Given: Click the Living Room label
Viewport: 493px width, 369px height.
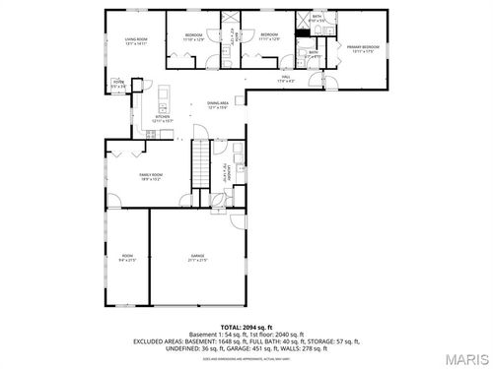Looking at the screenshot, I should (135, 39).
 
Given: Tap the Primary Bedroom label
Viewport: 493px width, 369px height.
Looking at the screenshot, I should (364, 46).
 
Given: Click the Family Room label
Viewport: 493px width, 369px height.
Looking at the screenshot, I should (150, 174).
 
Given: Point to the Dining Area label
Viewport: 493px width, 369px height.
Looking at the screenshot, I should (218, 102).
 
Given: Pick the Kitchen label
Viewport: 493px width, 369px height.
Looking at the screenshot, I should (163, 116).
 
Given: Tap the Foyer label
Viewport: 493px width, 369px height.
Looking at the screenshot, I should (117, 83).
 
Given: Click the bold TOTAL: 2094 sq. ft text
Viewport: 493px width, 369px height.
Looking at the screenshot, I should (246, 326).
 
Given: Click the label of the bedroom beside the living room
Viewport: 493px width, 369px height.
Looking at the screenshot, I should (193, 34).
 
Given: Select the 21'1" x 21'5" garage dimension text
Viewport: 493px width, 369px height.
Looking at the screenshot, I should (198, 261).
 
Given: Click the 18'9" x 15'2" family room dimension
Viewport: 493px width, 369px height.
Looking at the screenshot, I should (150, 180).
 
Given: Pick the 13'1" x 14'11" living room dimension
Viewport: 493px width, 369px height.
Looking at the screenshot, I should (135, 45).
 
